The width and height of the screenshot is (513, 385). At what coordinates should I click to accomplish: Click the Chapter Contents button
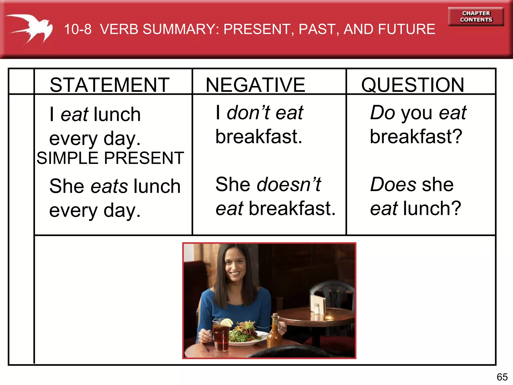pyautogui.click(x=476, y=17)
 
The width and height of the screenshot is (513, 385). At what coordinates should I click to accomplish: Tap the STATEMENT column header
pyautogui.click(x=109, y=85)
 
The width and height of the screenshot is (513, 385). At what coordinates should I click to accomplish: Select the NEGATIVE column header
pyautogui.click(x=255, y=85)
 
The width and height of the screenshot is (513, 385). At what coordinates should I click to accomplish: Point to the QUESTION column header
pyautogui.click(x=413, y=85)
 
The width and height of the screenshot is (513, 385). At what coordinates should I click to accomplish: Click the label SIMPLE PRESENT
pyautogui.click(x=110, y=158)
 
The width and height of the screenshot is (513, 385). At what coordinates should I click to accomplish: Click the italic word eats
pyautogui.click(x=109, y=186)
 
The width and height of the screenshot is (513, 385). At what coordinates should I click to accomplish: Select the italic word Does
pyautogui.click(x=393, y=184)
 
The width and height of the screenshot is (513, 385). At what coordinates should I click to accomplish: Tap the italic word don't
pyautogui.click(x=248, y=113)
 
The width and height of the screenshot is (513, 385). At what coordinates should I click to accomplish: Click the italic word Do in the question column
pyautogui.click(x=382, y=113)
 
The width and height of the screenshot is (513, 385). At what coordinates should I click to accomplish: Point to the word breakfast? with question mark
pyautogui.click(x=416, y=137)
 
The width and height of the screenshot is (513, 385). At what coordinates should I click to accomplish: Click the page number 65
pyautogui.click(x=502, y=377)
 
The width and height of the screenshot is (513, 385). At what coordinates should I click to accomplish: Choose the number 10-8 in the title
pyautogui.click(x=78, y=29)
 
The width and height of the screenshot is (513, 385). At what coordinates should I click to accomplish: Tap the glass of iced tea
pyautogui.click(x=221, y=336)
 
